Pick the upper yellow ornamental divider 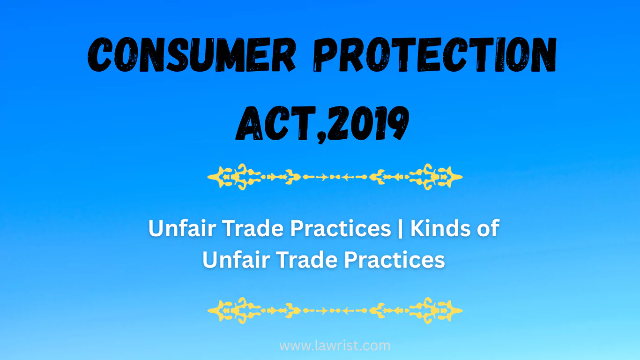[335, 177]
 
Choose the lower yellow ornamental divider [335, 310]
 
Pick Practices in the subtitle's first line [341, 229]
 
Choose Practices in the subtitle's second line [394, 259]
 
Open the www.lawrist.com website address [335, 346]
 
